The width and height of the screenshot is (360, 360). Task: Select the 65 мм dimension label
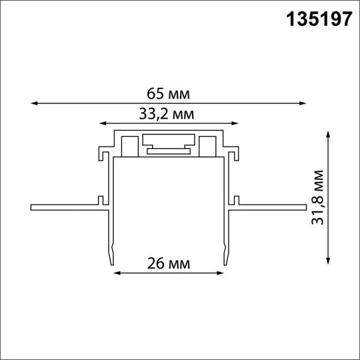pyautogui.click(x=169, y=94)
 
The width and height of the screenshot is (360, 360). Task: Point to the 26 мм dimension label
pyautogui.click(x=169, y=263)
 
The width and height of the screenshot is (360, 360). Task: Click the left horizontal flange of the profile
pyautogui.click(x=63, y=207)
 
